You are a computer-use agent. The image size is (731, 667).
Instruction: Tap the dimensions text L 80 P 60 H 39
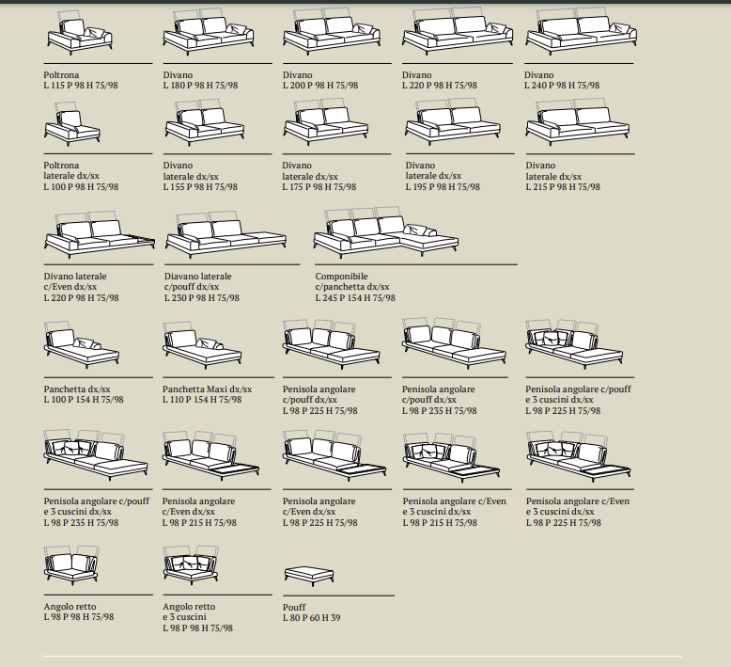(311, 618)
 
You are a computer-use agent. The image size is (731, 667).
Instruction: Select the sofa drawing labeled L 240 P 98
(582, 30)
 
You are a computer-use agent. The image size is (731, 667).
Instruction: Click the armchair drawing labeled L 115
(80, 32)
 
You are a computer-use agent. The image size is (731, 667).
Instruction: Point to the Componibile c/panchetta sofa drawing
(385, 232)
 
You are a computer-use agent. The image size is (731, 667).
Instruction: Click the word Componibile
(341, 277)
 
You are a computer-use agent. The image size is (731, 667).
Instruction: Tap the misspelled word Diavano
(179, 277)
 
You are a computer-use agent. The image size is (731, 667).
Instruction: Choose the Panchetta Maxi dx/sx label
(207, 389)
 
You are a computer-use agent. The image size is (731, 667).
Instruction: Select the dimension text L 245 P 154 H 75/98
(355, 298)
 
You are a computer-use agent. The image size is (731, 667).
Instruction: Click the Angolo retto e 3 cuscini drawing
(191, 564)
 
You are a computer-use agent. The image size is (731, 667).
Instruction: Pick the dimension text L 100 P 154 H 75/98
(84, 400)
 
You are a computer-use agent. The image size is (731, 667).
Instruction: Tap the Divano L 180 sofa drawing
(209, 30)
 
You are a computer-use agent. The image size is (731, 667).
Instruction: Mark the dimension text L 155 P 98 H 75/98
(200, 187)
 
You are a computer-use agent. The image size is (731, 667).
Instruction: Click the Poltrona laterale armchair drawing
(72, 123)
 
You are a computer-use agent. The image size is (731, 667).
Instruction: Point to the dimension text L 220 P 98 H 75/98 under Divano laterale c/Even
(81, 298)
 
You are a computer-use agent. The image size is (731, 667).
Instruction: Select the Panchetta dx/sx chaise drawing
(82, 343)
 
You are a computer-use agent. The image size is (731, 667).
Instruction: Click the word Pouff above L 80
(294, 607)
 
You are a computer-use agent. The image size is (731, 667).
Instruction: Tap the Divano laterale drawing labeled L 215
(578, 122)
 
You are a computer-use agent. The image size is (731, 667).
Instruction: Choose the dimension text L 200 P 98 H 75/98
(320, 86)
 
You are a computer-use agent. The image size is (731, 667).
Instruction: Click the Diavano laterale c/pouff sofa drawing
(226, 234)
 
